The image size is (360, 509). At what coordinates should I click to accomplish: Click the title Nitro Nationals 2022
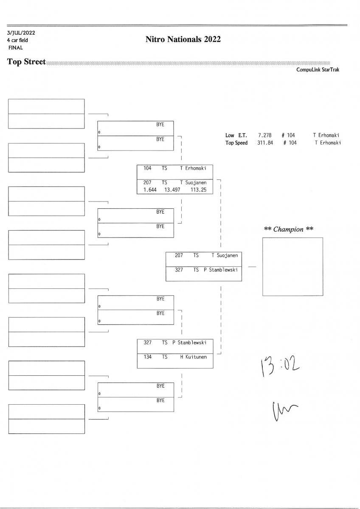[x=183, y=40]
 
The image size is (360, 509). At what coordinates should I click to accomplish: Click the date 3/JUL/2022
[x=21, y=33]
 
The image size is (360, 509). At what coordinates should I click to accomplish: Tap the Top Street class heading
[x=26, y=62]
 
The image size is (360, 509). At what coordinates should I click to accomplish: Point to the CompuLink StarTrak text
[x=318, y=70]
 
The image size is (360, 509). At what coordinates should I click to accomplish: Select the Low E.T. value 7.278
[x=264, y=135]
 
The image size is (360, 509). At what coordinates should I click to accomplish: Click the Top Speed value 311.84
[x=264, y=143]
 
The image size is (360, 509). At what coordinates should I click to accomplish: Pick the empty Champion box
[x=292, y=266]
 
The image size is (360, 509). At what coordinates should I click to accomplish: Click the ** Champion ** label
[x=289, y=229]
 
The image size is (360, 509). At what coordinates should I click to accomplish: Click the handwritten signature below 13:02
[x=284, y=410]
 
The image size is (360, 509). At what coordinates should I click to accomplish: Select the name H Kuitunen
[x=193, y=357]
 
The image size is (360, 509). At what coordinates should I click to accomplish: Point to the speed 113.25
[x=198, y=190]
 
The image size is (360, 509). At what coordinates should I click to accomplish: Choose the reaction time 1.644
[x=150, y=190]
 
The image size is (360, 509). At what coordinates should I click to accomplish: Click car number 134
[x=147, y=357]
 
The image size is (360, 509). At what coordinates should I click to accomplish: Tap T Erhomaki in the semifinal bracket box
[x=193, y=168]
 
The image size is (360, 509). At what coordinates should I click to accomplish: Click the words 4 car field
[x=17, y=40]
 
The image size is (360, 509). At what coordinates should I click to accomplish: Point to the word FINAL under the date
[x=15, y=48]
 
